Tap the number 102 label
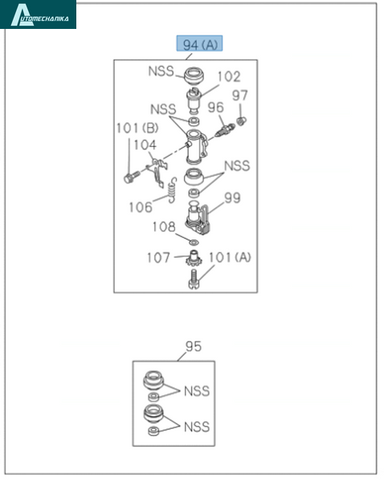pyautogui.click(x=229, y=76)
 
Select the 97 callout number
pyautogui.click(x=240, y=96)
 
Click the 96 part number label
pyautogui.click(x=216, y=108)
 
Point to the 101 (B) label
pyautogui.click(x=137, y=128)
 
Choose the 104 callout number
pyautogui.click(x=145, y=145)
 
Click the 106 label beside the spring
pyautogui.click(x=141, y=207)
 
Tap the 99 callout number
pyautogui.click(x=232, y=198)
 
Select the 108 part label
pyautogui.click(x=164, y=227)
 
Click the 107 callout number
pyautogui.click(x=158, y=258)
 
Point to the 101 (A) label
pyautogui.click(x=230, y=257)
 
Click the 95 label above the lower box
pyautogui.click(x=194, y=346)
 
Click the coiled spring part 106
pyautogui.click(x=173, y=190)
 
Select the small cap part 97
pyautogui.click(x=242, y=121)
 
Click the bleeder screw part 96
pyautogui.click(x=226, y=130)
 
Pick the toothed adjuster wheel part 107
pyautogui.click(x=194, y=259)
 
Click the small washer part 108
pyautogui.click(x=194, y=243)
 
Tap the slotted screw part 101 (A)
pyautogui.click(x=194, y=279)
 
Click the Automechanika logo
pyautogui.click(x=38, y=14)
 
